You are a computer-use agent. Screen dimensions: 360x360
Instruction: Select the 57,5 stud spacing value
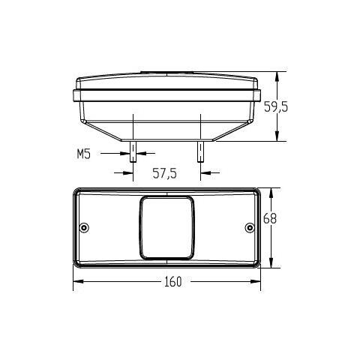(164, 173)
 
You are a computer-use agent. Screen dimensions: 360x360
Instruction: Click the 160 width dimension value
(168, 283)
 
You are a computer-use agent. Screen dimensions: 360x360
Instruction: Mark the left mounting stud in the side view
(133, 152)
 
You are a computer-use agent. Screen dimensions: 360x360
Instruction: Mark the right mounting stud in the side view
(200, 152)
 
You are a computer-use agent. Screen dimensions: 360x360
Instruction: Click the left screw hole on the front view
(84, 227)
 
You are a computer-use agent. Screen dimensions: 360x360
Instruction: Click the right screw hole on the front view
(250, 227)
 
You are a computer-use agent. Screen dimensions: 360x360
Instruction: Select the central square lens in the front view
(166, 226)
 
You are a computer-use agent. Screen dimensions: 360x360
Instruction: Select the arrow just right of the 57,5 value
(208, 173)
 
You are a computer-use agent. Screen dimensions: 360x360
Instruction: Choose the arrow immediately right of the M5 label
(124, 154)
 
